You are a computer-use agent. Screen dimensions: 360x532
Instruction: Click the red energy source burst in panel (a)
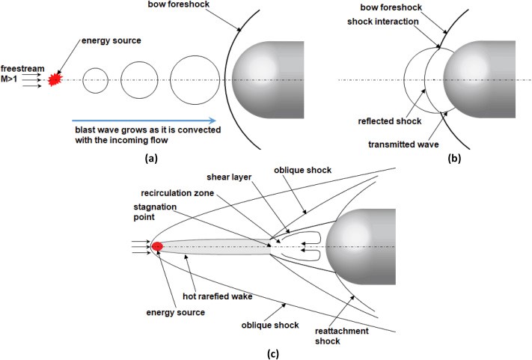point(54,79)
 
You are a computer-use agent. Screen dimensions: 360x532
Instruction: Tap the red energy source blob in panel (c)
point(157,246)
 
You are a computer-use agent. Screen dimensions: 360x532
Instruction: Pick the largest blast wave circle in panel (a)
point(195,79)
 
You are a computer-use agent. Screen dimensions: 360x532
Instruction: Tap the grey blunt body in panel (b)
point(486,79)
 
